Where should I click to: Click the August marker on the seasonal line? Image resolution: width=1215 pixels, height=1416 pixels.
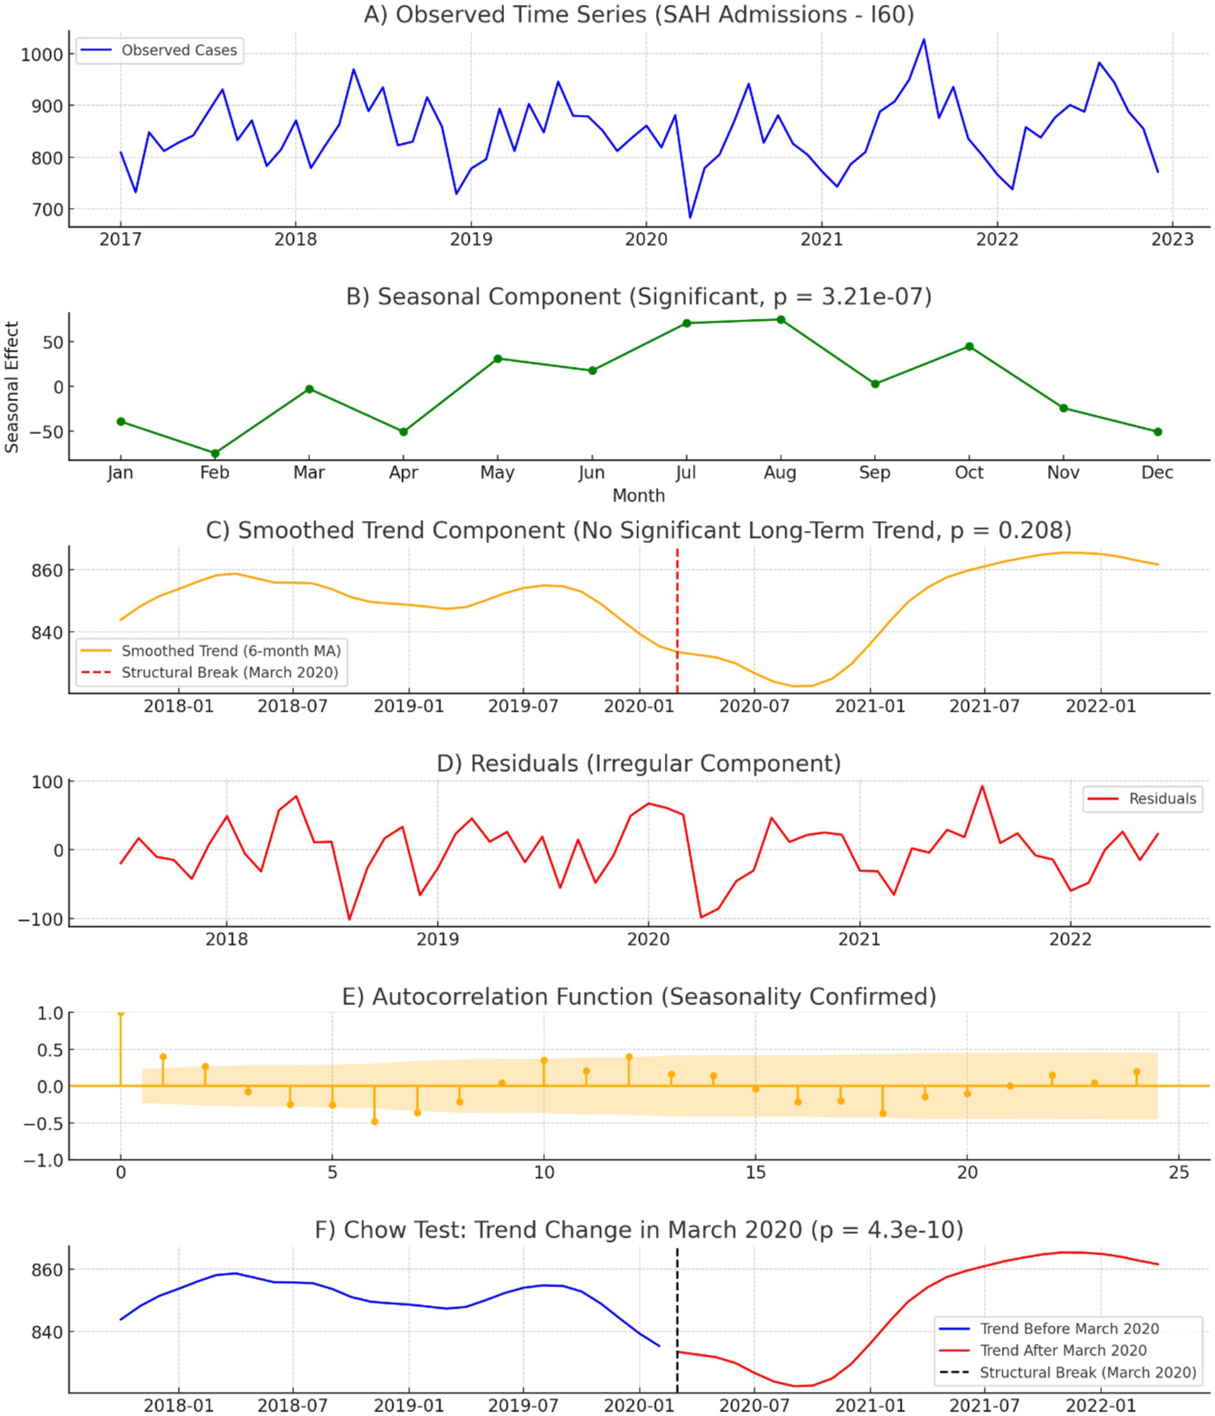pos(781,320)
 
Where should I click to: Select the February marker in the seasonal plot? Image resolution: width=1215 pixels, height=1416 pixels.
pos(215,453)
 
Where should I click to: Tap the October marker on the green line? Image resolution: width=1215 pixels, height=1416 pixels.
pos(969,346)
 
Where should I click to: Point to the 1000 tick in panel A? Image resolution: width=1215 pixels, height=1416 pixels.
pos(42,55)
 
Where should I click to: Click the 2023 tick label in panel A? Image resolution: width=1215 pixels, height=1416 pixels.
pos(1172,239)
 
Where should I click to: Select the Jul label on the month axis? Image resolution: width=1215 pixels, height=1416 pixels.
pos(685,473)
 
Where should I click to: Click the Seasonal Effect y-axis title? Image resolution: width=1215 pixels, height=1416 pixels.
pos(11,387)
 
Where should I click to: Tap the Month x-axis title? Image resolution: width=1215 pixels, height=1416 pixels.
pos(638,496)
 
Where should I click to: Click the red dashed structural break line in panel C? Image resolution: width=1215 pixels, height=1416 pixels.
pos(677,615)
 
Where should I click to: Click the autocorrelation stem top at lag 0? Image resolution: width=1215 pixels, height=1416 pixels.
pos(121,1014)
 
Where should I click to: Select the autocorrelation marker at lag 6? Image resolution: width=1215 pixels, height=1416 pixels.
pos(374,1122)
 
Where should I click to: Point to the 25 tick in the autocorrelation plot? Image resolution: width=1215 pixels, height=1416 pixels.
pos(1179,1173)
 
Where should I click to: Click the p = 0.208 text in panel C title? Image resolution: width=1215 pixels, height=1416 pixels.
pos(1010,531)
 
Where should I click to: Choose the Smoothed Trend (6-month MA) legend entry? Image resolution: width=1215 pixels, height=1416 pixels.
pos(231,651)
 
